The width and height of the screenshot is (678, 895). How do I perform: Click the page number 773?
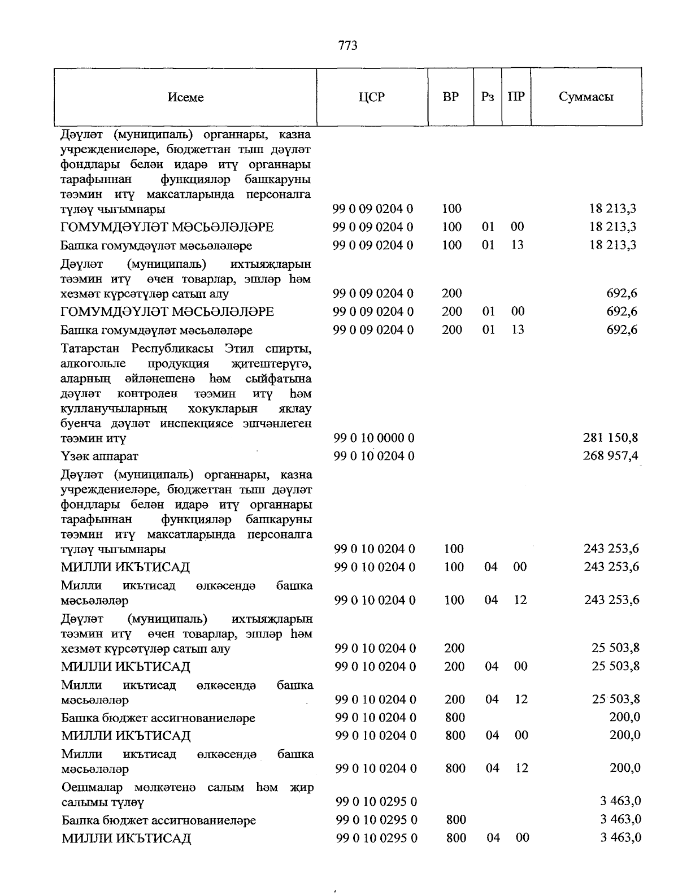pyautogui.click(x=348, y=46)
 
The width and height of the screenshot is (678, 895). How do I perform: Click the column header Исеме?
pyautogui.click(x=185, y=97)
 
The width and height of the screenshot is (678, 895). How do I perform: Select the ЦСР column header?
pyautogui.click(x=371, y=97)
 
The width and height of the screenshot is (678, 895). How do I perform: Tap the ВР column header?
pyautogui.click(x=450, y=97)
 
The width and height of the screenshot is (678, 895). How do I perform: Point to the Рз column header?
pyautogui.click(x=488, y=97)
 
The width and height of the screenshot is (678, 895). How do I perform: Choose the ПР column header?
pyautogui.click(x=516, y=97)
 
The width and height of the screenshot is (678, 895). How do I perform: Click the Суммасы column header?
pyautogui.click(x=586, y=97)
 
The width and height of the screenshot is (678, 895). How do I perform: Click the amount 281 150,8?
pyautogui.click(x=611, y=437)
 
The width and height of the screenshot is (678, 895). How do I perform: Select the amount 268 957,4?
pyautogui.click(x=611, y=455)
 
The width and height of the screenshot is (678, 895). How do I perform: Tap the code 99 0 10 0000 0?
pyautogui.click(x=374, y=438)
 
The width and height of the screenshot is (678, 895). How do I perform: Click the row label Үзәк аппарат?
pyautogui.click(x=99, y=456)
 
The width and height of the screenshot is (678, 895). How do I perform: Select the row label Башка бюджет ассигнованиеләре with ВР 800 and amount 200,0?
pyautogui.click(x=158, y=718)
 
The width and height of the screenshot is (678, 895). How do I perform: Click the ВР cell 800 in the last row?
pyautogui.click(x=456, y=837)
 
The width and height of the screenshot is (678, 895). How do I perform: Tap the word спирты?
pyautogui.click(x=289, y=347)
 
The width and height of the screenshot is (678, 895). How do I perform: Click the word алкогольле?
pyautogui.click(x=93, y=363)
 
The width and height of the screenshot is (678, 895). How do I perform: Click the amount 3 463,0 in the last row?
pyautogui.click(x=620, y=837)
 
